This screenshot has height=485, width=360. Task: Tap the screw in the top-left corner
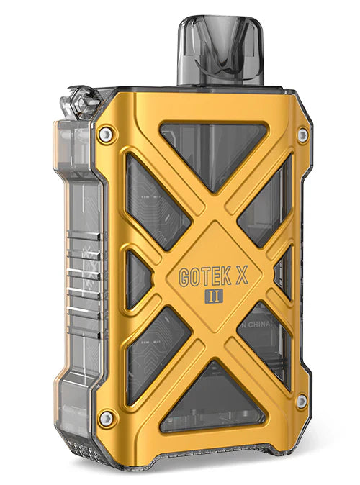pos(107,134)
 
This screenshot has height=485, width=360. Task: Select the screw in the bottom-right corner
pos(302,400)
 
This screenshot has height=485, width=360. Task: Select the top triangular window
pos(209,147)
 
